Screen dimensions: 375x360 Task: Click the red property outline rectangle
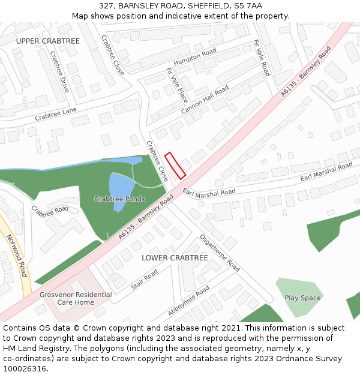click(175, 164)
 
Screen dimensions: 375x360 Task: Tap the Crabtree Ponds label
click(119, 199)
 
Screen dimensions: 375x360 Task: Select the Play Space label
click(302, 298)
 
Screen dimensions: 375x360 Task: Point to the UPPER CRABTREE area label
click(48, 41)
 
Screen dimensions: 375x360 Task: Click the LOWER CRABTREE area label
click(175, 257)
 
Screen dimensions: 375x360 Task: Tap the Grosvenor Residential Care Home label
click(76, 298)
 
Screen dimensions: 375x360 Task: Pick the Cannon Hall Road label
click(205, 99)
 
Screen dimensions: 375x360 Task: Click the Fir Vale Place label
click(176, 85)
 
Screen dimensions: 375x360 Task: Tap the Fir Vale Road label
click(262, 58)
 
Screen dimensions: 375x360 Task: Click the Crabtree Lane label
click(56, 114)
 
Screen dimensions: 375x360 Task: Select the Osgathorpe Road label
click(220, 253)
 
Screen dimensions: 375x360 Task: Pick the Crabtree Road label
click(50, 211)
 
